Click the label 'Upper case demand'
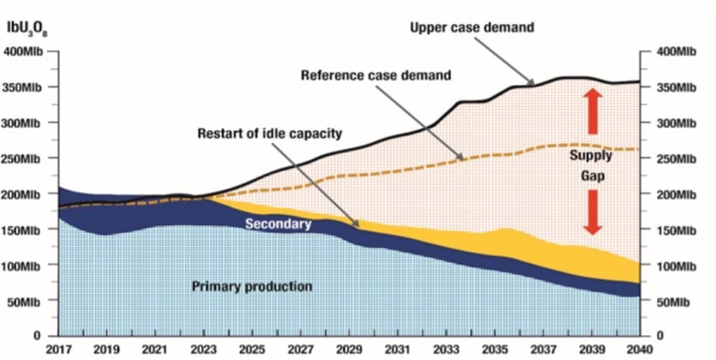click(472, 28)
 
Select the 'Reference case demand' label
click(376, 76)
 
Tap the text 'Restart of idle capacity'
click(270, 134)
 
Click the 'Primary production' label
click(240, 286)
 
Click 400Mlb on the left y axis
click(24, 52)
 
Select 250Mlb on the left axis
click(24, 158)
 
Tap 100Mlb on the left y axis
click(24, 265)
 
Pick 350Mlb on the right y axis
click(675, 88)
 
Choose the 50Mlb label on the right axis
click(673, 302)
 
